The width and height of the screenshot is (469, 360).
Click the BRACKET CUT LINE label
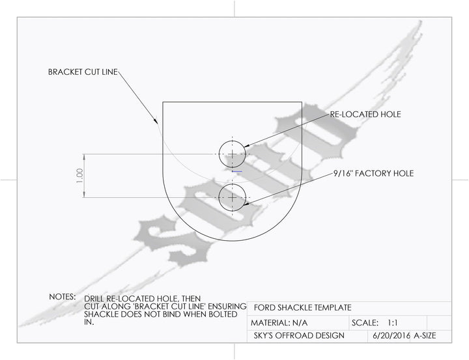point(83,72)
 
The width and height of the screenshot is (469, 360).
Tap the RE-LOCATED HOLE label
point(365,114)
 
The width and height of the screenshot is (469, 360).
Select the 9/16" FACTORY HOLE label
point(374,173)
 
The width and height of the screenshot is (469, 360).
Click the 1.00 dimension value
point(79,176)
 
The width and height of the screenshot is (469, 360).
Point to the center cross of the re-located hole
point(233,154)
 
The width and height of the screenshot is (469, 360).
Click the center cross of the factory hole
point(233,198)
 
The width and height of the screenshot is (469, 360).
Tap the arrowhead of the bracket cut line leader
point(156,120)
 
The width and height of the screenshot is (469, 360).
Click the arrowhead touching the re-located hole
point(247,146)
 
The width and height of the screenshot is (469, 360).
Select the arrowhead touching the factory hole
point(246,204)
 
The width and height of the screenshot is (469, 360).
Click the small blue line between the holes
point(237,172)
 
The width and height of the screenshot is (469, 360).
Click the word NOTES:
point(63,297)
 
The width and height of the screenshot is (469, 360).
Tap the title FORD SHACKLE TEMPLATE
point(302,308)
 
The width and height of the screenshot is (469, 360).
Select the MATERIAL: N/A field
point(279,323)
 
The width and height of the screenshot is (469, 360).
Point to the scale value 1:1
point(392,323)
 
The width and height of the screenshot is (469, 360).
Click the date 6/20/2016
point(391,335)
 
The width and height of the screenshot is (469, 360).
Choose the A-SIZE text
point(425,335)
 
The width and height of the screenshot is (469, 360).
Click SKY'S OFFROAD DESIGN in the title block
point(299,335)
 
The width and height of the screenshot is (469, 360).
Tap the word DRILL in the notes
point(94,299)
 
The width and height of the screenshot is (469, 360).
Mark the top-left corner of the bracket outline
point(163,102)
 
